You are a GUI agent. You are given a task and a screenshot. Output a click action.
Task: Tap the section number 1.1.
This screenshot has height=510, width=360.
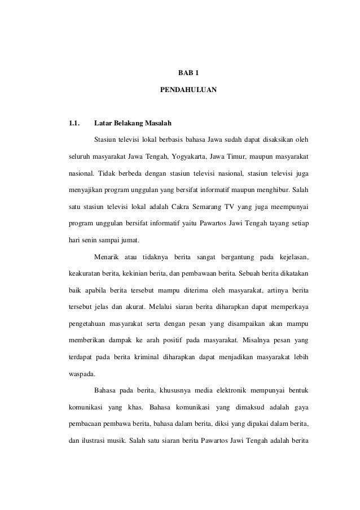click(73, 123)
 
